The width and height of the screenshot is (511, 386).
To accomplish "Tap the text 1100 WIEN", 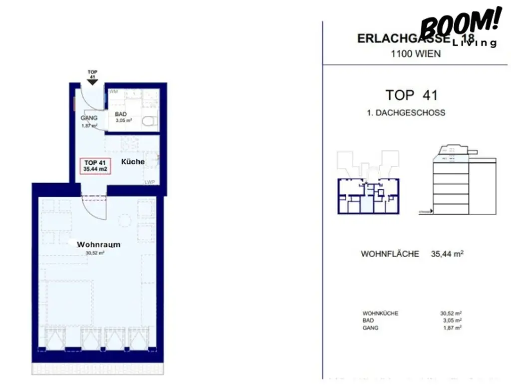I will (416, 53).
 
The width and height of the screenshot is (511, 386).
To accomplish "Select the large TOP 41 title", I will (411, 95).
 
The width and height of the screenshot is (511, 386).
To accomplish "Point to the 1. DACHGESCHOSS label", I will (406, 113).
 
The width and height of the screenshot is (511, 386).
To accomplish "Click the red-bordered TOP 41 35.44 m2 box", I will (95, 165).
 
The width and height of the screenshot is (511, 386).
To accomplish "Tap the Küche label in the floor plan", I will (133, 161).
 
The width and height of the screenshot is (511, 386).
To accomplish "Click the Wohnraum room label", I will (98, 245).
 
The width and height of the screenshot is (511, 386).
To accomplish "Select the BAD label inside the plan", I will (120, 114).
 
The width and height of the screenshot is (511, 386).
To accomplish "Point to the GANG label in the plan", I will (89, 118).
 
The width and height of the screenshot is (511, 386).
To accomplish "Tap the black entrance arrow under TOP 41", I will (92, 82).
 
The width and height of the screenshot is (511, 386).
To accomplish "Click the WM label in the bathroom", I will (113, 92).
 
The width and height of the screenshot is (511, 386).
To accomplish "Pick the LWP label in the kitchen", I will (150, 182).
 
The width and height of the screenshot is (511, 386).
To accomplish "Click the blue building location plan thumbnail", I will (368, 195).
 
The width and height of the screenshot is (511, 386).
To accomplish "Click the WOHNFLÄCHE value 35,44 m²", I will (447, 254).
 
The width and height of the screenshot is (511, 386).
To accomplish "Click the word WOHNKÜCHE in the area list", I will (380, 314).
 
